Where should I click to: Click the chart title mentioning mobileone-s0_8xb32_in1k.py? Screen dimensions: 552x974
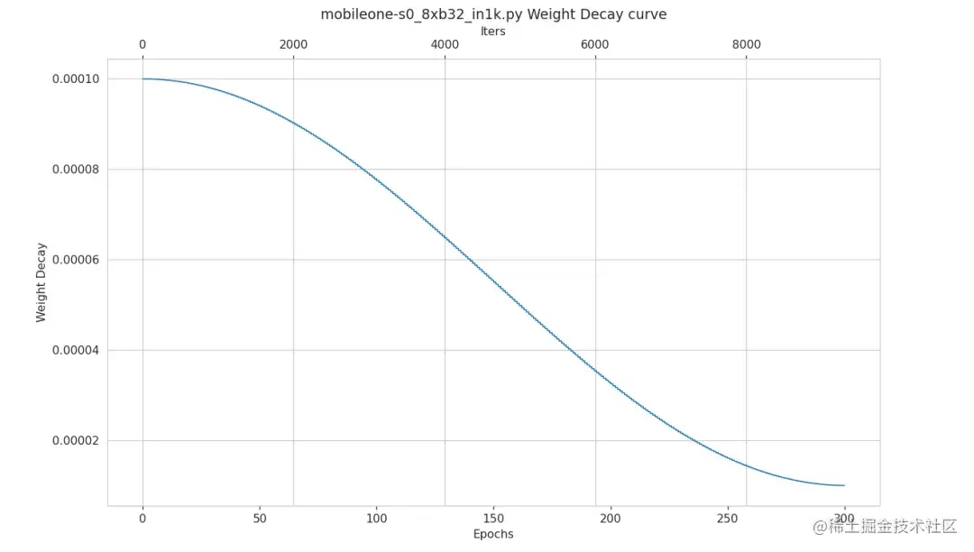[493, 14]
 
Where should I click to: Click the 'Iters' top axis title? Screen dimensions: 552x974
[493, 31]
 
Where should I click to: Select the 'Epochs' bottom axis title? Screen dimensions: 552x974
[493, 534]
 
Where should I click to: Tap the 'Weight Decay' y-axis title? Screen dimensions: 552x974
[41, 281]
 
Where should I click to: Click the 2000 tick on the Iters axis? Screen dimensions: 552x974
[294, 45]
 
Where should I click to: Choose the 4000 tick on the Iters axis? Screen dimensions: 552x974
[445, 45]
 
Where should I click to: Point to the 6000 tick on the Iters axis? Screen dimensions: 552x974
[595, 45]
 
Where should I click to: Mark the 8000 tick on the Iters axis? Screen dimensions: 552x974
[746, 45]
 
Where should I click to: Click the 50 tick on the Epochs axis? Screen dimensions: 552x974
[260, 519]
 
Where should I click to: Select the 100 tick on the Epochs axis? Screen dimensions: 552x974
[377, 519]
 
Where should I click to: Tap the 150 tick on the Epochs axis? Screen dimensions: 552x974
[493, 519]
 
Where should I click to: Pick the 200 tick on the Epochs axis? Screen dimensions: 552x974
[611, 519]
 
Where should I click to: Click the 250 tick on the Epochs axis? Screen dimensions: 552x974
[728, 519]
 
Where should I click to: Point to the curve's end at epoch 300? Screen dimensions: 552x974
[844, 485]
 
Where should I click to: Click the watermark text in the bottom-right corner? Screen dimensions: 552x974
[884, 527]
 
